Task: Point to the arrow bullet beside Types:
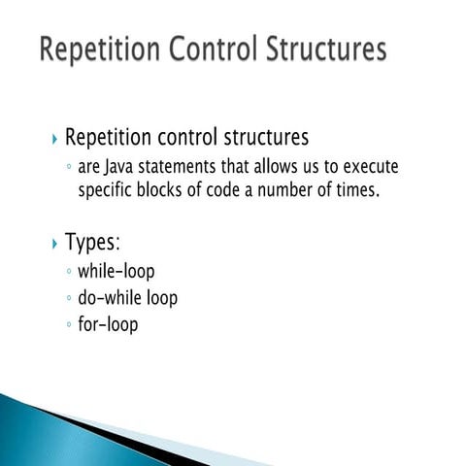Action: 52,243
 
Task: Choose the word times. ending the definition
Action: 351,191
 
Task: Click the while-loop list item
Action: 116,271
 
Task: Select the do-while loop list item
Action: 127,298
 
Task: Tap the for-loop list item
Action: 108,324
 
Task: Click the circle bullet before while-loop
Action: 67,273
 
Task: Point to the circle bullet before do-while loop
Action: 67,299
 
